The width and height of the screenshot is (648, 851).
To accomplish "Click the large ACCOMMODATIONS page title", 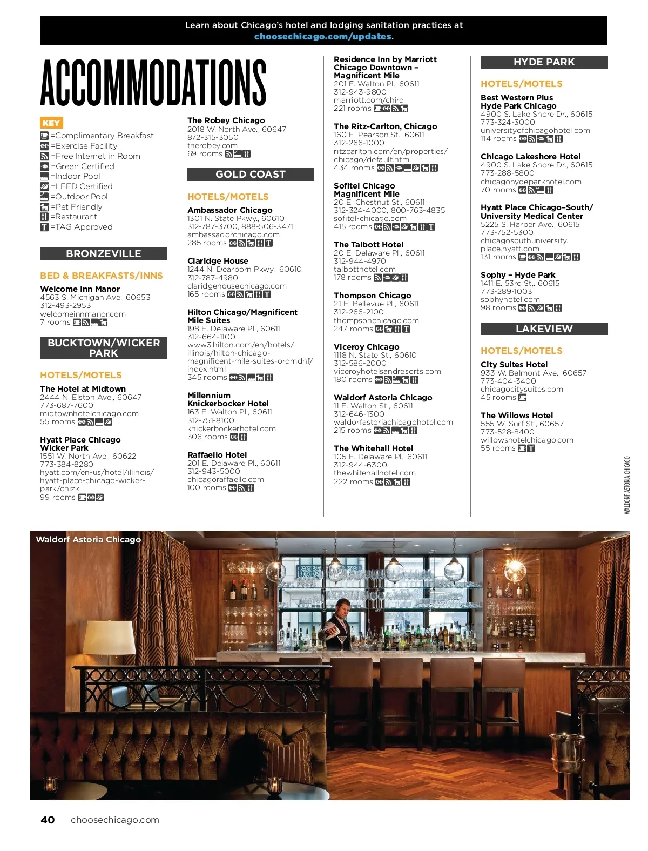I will click(x=153, y=82).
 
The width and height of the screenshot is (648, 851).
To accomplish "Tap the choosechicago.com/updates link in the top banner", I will click(x=323, y=37).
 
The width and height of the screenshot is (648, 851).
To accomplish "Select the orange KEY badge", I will click(x=51, y=123).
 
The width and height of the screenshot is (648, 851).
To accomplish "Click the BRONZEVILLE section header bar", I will click(x=104, y=253).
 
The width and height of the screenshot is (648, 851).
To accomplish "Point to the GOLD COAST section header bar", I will click(x=251, y=175).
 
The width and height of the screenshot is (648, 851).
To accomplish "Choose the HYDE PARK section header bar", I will click(x=544, y=62).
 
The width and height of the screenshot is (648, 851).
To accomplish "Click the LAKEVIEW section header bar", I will click(x=544, y=329).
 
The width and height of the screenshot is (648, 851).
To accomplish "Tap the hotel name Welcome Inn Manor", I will click(x=80, y=289).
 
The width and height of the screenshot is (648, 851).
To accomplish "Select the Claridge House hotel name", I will click(x=218, y=261).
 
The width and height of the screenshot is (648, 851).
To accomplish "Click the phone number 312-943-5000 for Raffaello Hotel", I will click(x=213, y=471).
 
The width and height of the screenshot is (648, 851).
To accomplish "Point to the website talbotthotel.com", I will click(x=364, y=269).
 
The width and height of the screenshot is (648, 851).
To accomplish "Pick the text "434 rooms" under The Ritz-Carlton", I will click(x=354, y=167).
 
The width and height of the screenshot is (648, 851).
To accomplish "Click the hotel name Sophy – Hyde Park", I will click(x=518, y=275).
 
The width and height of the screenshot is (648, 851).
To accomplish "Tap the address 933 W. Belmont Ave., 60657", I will click(x=533, y=373).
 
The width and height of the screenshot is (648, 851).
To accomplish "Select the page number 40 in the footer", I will click(x=48, y=820).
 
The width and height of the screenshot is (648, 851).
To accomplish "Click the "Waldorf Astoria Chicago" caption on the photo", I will click(x=88, y=539).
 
